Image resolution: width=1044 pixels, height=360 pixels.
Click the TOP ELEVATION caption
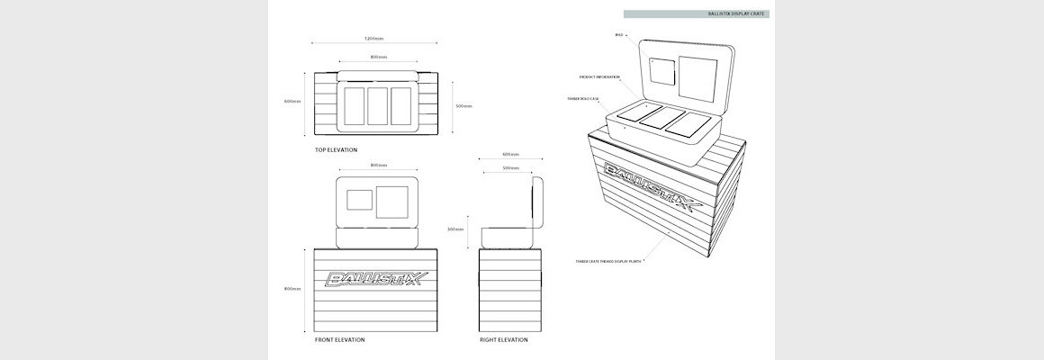(336, 149)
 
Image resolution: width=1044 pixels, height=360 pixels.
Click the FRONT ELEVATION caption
(339, 340)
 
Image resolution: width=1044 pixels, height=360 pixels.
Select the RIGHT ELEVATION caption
(504, 340)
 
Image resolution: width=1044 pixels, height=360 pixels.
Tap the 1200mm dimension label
(374, 39)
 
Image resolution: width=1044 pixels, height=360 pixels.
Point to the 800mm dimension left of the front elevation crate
(292, 289)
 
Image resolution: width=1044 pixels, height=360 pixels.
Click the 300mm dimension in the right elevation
(455, 229)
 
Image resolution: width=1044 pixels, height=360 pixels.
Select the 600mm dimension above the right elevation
(511, 154)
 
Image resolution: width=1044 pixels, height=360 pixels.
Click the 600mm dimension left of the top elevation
(292, 101)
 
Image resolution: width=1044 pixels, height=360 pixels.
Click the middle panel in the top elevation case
(378, 105)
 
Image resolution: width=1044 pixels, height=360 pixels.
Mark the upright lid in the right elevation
(537, 203)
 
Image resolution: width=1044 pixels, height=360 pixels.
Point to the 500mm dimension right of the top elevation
(463, 106)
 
